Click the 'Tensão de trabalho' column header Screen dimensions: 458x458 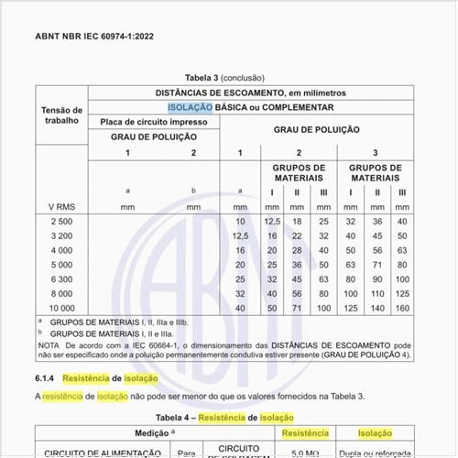coord(61,114)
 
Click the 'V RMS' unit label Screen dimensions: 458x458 coord(61,207)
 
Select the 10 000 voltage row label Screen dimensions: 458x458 coord(61,309)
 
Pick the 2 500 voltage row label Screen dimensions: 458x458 coord(60,222)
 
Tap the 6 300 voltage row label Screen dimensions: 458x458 coord(60,278)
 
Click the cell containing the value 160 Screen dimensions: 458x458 coord(402,309)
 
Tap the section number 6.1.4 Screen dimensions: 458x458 coord(48,378)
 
